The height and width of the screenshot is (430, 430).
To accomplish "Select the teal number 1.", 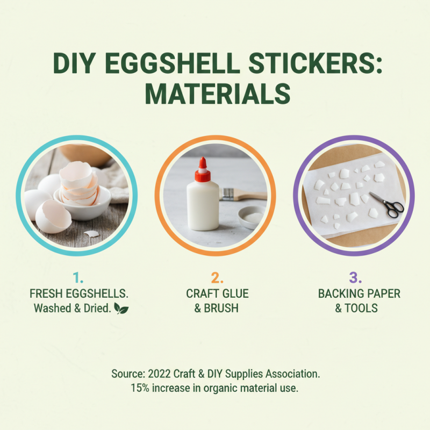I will click(x=78, y=278).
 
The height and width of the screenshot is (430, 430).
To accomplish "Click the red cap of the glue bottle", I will click(x=203, y=170).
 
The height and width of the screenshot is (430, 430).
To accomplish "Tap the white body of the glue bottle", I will click(x=203, y=207).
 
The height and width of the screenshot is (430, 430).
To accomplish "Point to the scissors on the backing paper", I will click(x=387, y=204).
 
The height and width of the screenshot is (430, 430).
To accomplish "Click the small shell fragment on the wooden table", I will click(x=91, y=234).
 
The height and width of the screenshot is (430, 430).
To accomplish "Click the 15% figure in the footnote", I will click(x=140, y=388).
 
